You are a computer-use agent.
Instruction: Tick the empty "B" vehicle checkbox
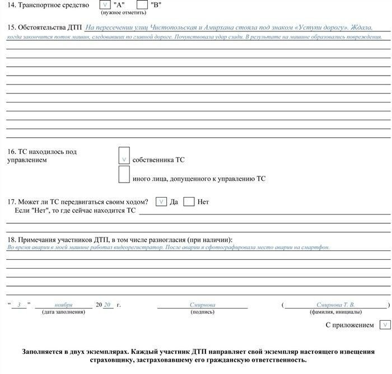tap(142, 4)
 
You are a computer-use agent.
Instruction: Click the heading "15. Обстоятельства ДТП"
tap(45, 27)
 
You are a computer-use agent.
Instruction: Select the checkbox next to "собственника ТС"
tap(124, 156)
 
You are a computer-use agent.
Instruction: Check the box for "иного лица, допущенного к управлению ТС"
tap(124, 175)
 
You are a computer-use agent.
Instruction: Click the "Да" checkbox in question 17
tap(161, 202)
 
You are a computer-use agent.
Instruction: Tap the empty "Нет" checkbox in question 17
tap(189, 202)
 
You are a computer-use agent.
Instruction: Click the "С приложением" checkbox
tap(384, 325)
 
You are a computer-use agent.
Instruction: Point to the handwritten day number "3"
tap(19, 305)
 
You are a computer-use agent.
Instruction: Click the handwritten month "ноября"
tap(63, 305)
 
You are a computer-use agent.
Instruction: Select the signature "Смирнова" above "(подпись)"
tap(202, 305)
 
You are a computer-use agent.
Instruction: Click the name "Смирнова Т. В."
tap(335, 305)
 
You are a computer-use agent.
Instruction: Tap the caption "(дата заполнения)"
tap(63, 312)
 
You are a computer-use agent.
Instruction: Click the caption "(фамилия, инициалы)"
tap(335, 312)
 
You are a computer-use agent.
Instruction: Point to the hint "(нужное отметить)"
tap(123, 12)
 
